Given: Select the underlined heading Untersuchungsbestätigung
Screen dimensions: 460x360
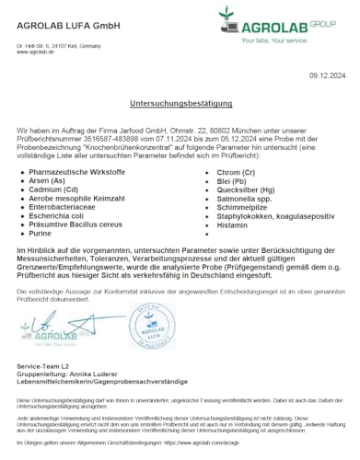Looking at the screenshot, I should [180, 108].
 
